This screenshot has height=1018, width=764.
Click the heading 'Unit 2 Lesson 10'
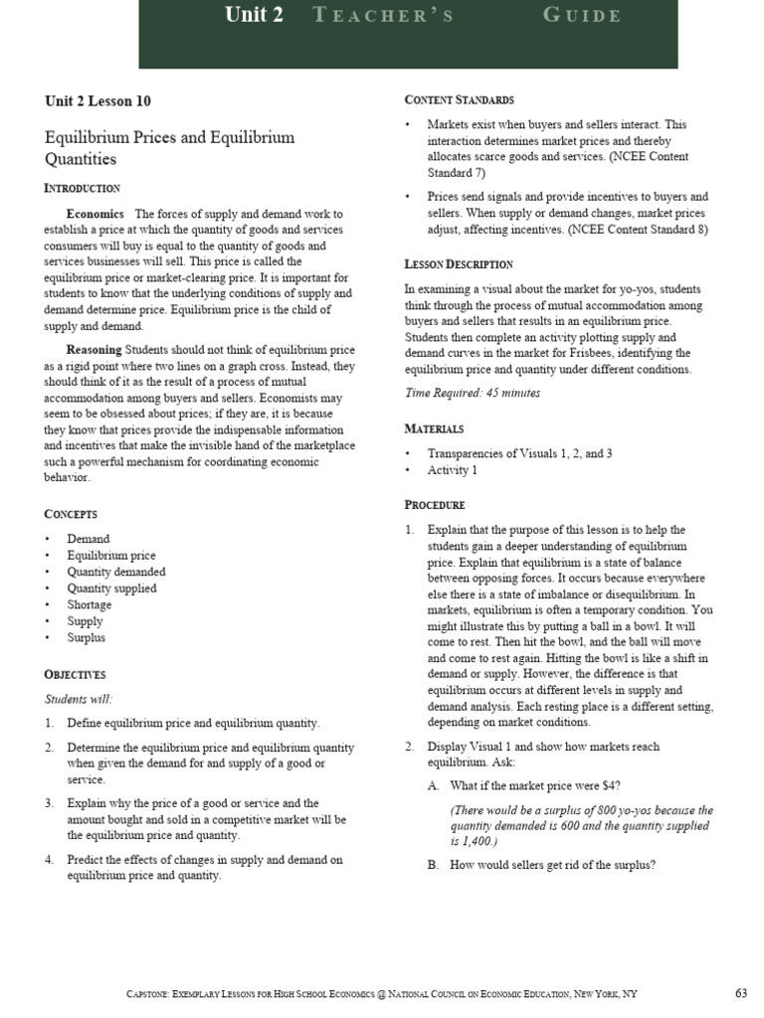(97, 100)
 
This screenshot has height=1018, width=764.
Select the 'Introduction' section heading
(82, 188)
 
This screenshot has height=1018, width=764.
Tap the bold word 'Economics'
(95, 214)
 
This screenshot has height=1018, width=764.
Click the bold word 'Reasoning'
(95, 350)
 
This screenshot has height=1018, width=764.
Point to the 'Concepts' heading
(71, 514)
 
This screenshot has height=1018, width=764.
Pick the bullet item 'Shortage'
(90, 604)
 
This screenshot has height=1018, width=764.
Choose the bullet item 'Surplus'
(86, 637)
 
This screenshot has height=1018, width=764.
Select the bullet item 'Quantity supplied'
(111, 588)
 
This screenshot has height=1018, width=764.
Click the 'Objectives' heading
(75, 674)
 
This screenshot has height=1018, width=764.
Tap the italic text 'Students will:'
(79, 699)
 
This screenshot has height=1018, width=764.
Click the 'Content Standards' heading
(459, 100)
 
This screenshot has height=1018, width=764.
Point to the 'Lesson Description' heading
(458, 264)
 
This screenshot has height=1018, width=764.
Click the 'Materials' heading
(434, 428)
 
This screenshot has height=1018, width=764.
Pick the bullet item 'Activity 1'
(452, 470)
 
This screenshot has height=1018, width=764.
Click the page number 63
(740, 993)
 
